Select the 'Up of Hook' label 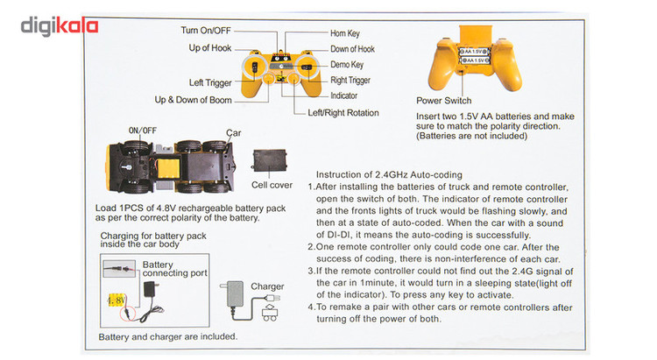(210, 48)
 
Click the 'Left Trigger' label (210, 82)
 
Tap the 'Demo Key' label (347, 65)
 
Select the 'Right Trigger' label (353, 80)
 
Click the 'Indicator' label (344, 95)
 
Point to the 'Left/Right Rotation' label (343, 113)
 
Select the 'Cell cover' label (272, 186)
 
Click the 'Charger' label (267, 286)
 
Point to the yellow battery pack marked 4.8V (116, 300)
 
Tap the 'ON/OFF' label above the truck (143, 131)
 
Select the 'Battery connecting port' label (175, 268)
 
